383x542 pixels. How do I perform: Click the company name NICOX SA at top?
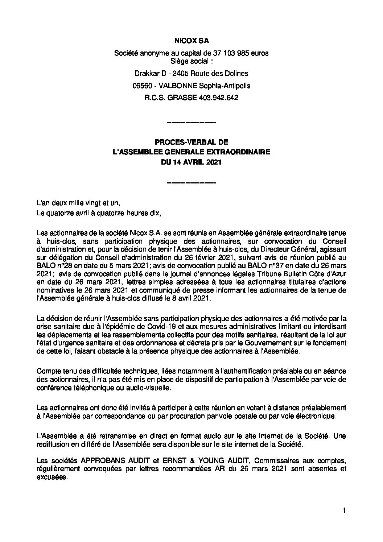(191, 42)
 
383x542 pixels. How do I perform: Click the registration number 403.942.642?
(218, 98)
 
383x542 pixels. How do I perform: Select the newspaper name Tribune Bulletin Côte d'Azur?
(302, 273)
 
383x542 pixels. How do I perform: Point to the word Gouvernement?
(269, 342)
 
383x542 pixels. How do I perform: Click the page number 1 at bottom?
(344, 521)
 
